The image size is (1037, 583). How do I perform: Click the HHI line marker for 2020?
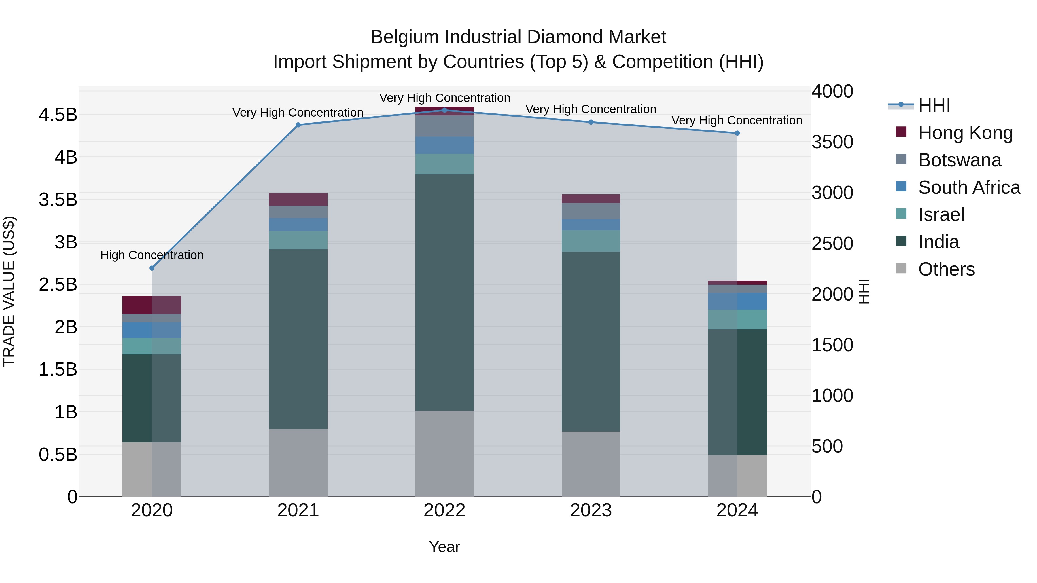click(152, 268)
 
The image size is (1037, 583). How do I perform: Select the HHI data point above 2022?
click(444, 110)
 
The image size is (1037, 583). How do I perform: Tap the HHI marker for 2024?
click(737, 133)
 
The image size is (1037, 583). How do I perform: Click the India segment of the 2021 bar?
click(298, 339)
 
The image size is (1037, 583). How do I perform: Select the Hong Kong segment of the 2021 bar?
click(298, 200)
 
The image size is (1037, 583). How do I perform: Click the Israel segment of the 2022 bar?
click(444, 164)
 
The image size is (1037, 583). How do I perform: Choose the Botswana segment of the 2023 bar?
click(591, 211)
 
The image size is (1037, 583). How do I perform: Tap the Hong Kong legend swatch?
click(901, 132)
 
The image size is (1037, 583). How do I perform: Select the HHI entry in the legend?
click(934, 105)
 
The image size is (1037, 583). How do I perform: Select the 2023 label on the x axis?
click(591, 510)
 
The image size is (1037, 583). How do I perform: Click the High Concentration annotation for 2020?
click(152, 255)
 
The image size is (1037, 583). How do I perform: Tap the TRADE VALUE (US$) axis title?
click(9, 291)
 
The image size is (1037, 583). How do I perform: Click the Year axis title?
click(444, 547)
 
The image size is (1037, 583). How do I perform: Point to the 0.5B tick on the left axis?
click(58, 455)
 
